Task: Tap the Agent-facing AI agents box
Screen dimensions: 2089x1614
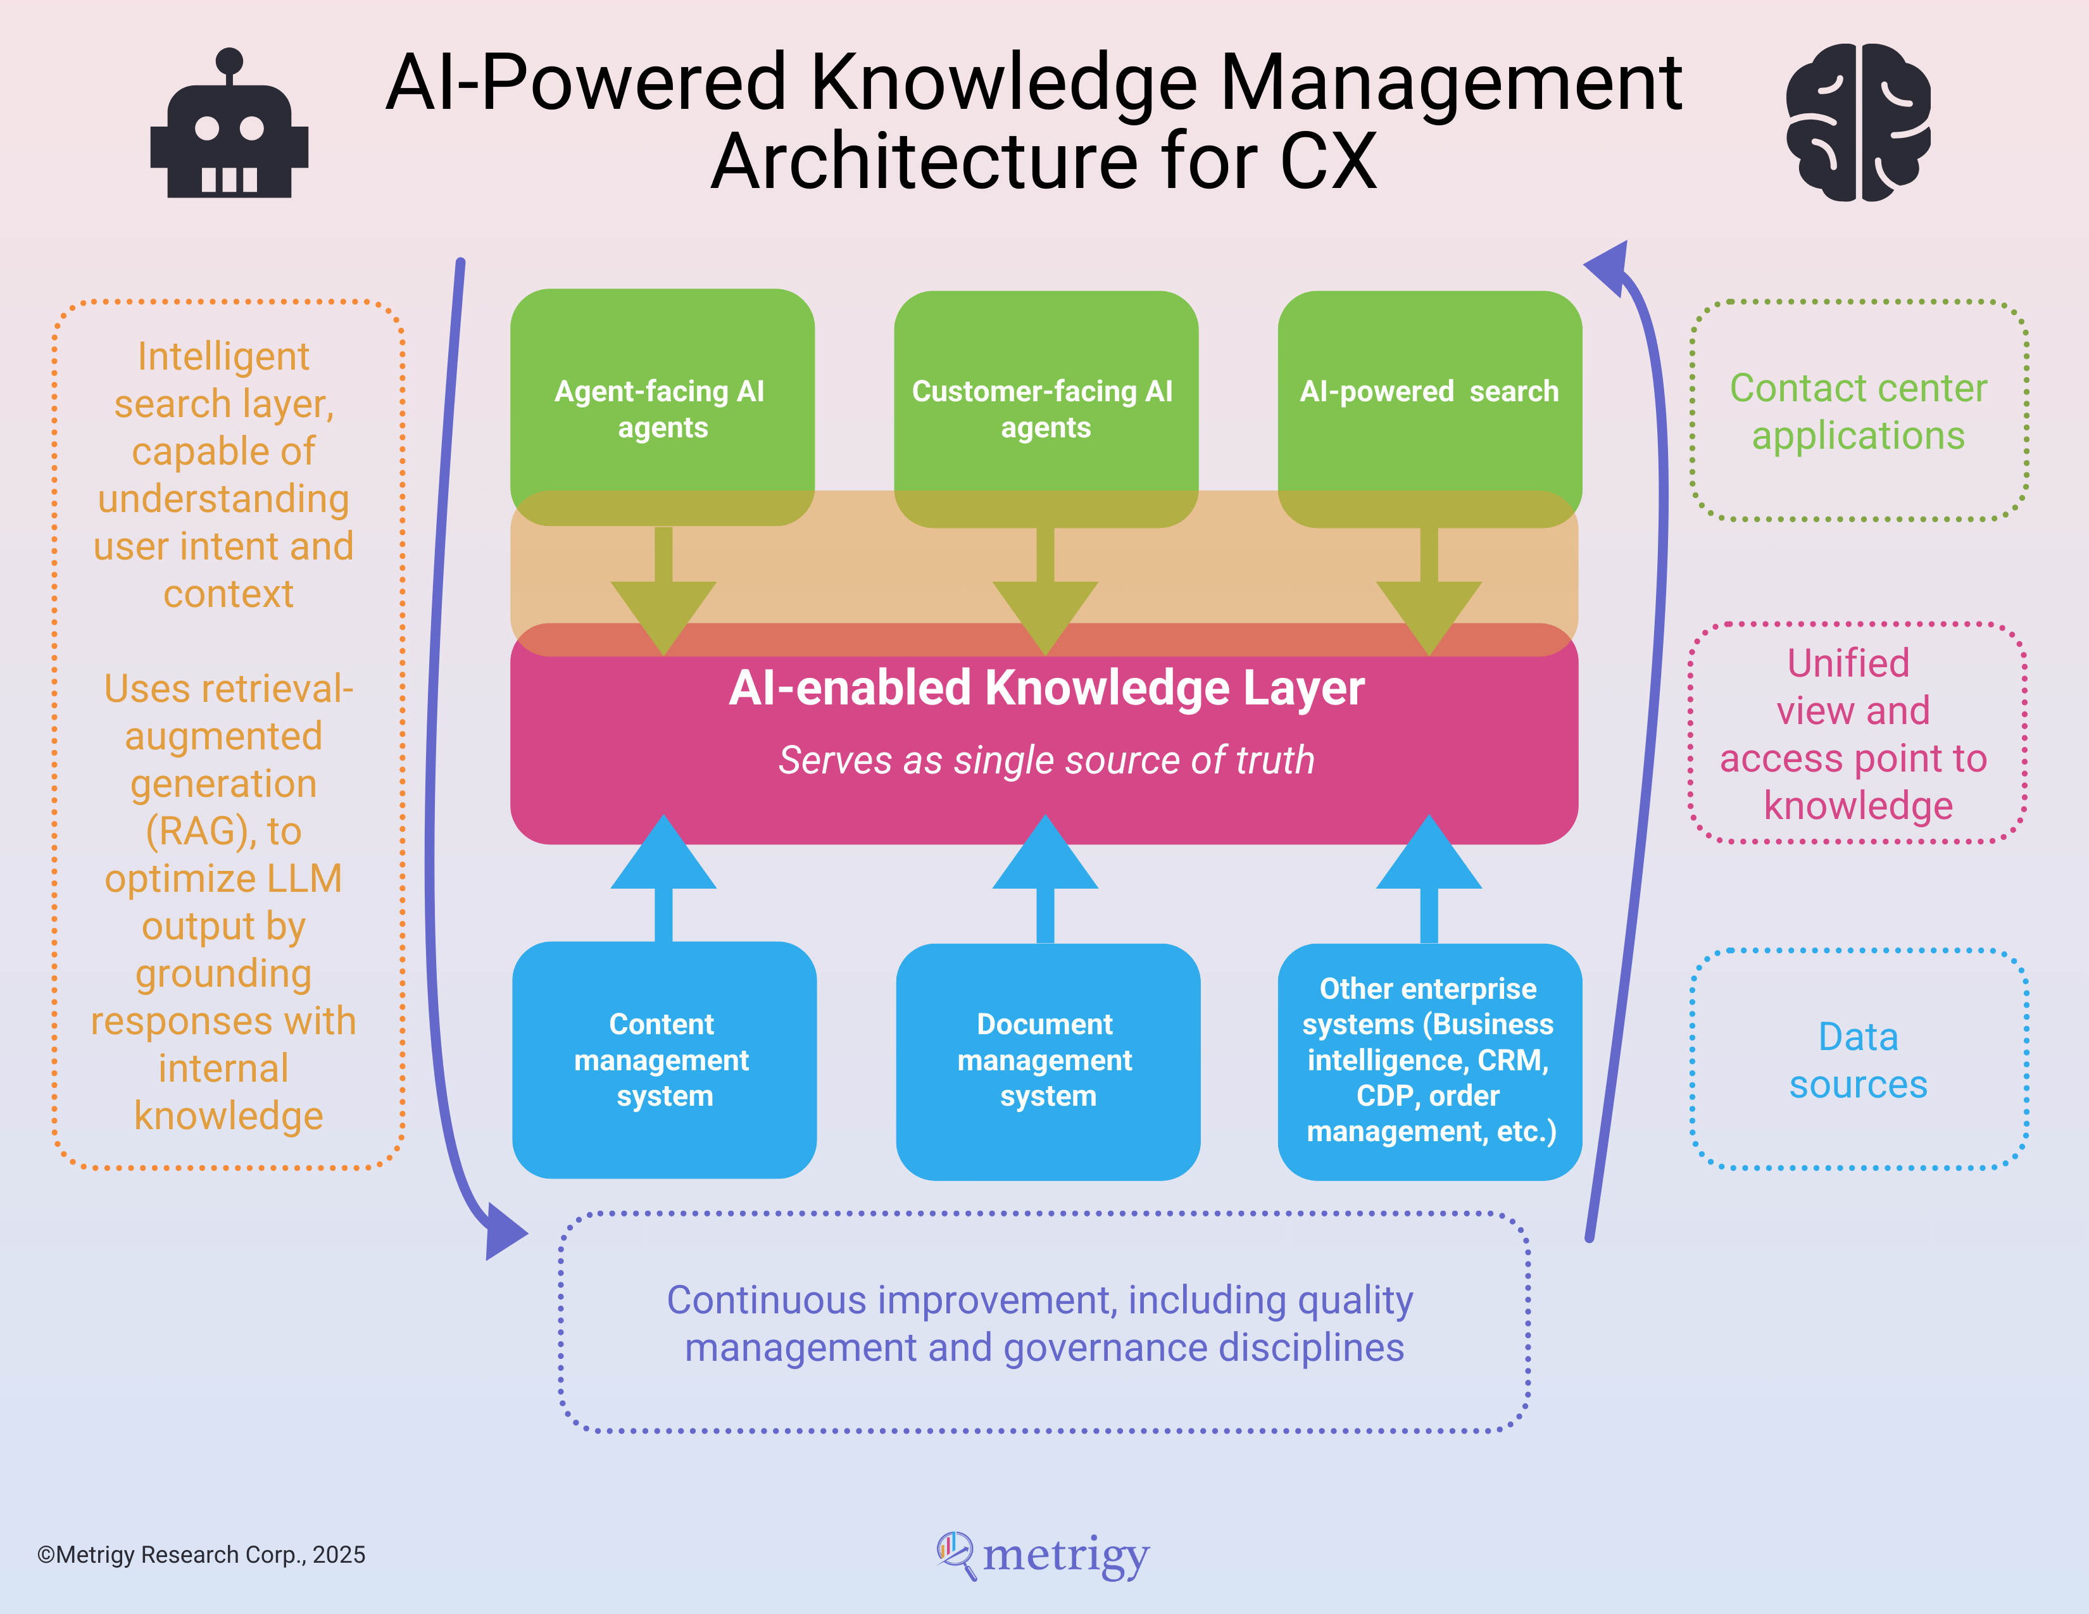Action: (x=662, y=408)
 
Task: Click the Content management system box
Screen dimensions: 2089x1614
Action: (x=664, y=1060)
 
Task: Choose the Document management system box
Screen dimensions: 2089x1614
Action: (x=1048, y=1061)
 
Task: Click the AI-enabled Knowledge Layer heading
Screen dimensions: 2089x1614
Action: (x=1046, y=689)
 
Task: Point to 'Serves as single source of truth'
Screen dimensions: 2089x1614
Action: (x=1046, y=760)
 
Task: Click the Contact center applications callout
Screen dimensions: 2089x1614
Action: (x=1859, y=411)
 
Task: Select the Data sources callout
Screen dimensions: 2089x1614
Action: (x=1859, y=1060)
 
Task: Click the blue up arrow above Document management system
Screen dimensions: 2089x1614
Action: (x=1046, y=878)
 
